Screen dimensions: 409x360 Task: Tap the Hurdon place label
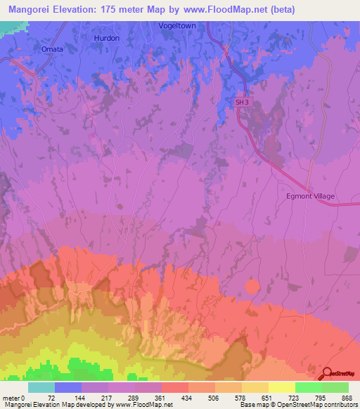point(107,38)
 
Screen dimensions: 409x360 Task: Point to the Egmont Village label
point(310,196)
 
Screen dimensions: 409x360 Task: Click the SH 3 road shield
point(242,102)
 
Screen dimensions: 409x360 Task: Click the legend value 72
point(51,397)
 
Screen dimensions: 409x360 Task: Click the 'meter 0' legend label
point(13,397)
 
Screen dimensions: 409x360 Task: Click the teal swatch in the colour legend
point(41,387)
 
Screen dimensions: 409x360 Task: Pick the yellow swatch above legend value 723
point(282,387)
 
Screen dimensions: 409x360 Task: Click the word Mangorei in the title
point(33,10)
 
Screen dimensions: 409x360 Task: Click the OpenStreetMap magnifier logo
point(328,374)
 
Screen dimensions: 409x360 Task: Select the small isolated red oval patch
point(252,285)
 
